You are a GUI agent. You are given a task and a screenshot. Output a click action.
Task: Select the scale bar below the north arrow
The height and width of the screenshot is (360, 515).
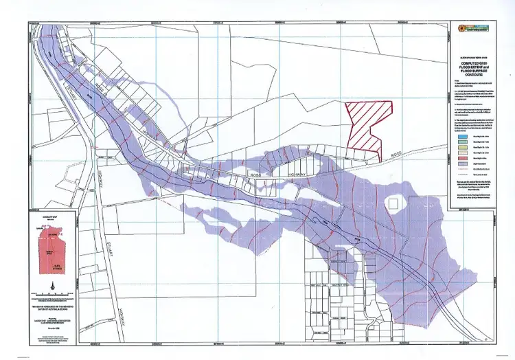[51, 296]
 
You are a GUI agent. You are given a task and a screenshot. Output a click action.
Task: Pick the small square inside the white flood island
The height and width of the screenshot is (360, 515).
[393, 203]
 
